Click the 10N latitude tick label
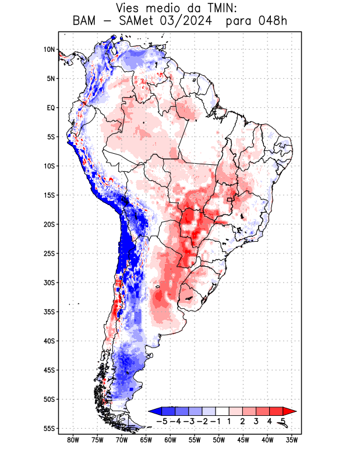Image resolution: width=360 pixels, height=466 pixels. tap(49, 50)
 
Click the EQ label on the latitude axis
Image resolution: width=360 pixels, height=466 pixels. tap(50, 108)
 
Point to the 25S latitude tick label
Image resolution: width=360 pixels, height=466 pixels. tap(48, 253)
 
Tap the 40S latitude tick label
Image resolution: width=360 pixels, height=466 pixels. tap(48, 341)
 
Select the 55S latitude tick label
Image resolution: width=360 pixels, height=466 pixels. tap(48, 428)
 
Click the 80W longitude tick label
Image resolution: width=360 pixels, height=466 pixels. tap(73, 440)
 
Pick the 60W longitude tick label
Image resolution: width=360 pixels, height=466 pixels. tap(170, 440)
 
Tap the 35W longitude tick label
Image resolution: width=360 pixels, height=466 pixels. tap(291, 440)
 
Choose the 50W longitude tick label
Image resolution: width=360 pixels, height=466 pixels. tap(218, 440)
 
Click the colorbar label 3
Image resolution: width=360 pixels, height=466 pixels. tap(256, 421)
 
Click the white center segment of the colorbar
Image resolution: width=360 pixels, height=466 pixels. tap(222, 411)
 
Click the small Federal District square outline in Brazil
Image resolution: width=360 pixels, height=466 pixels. tap(230, 200)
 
